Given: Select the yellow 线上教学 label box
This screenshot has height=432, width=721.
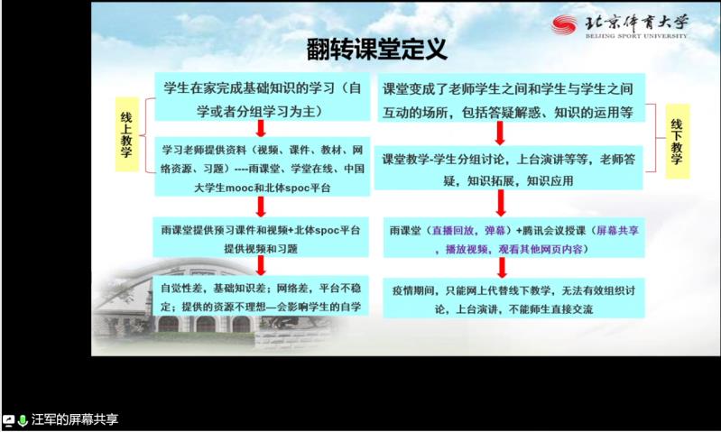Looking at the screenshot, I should tap(127, 135).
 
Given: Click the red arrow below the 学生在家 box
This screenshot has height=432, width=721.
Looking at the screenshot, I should tap(258, 133).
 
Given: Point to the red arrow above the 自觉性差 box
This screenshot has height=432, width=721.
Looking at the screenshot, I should tap(258, 266).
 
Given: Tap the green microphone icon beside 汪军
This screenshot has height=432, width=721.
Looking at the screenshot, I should tap(23, 420).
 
